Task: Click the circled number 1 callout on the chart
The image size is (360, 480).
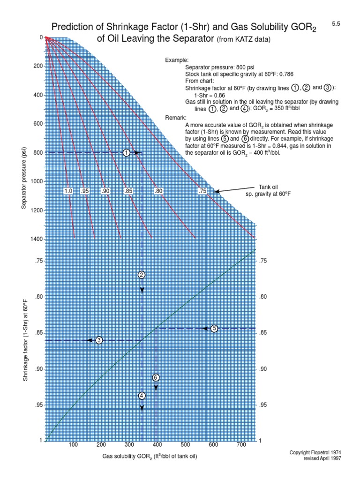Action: coord(126,153)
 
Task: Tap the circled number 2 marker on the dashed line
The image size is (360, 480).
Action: coord(142,275)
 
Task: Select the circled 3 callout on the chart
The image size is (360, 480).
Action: coord(99,340)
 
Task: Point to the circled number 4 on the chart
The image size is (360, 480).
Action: coord(142,396)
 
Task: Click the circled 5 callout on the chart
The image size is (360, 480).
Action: coord(215,329)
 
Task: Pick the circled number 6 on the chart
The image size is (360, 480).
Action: coord(156,377)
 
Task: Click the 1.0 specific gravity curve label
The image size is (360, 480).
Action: coord(68,191)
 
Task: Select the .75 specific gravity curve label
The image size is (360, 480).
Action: coord(202,191)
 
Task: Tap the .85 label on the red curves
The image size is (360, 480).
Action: coord(128,191)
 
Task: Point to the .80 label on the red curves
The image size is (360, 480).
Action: coord(158,191)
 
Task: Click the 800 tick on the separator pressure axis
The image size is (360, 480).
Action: coord(37,153)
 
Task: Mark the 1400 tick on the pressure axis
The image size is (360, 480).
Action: coord(36,240)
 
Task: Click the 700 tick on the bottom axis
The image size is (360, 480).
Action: coord(241,445)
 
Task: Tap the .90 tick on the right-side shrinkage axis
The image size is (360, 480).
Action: coord(262,369)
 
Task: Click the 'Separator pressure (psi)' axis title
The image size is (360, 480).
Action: coord(24,178)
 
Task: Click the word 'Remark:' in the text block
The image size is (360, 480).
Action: coord(176,118)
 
